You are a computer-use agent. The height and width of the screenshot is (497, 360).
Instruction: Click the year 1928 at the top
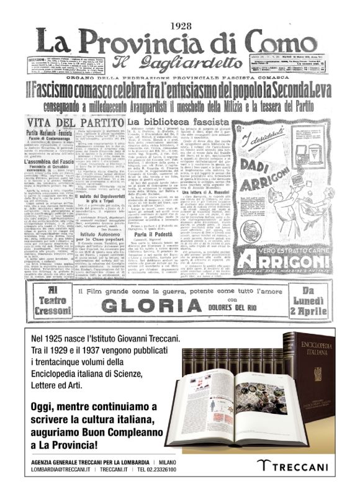pyautogui.click(x=179, y=24)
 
